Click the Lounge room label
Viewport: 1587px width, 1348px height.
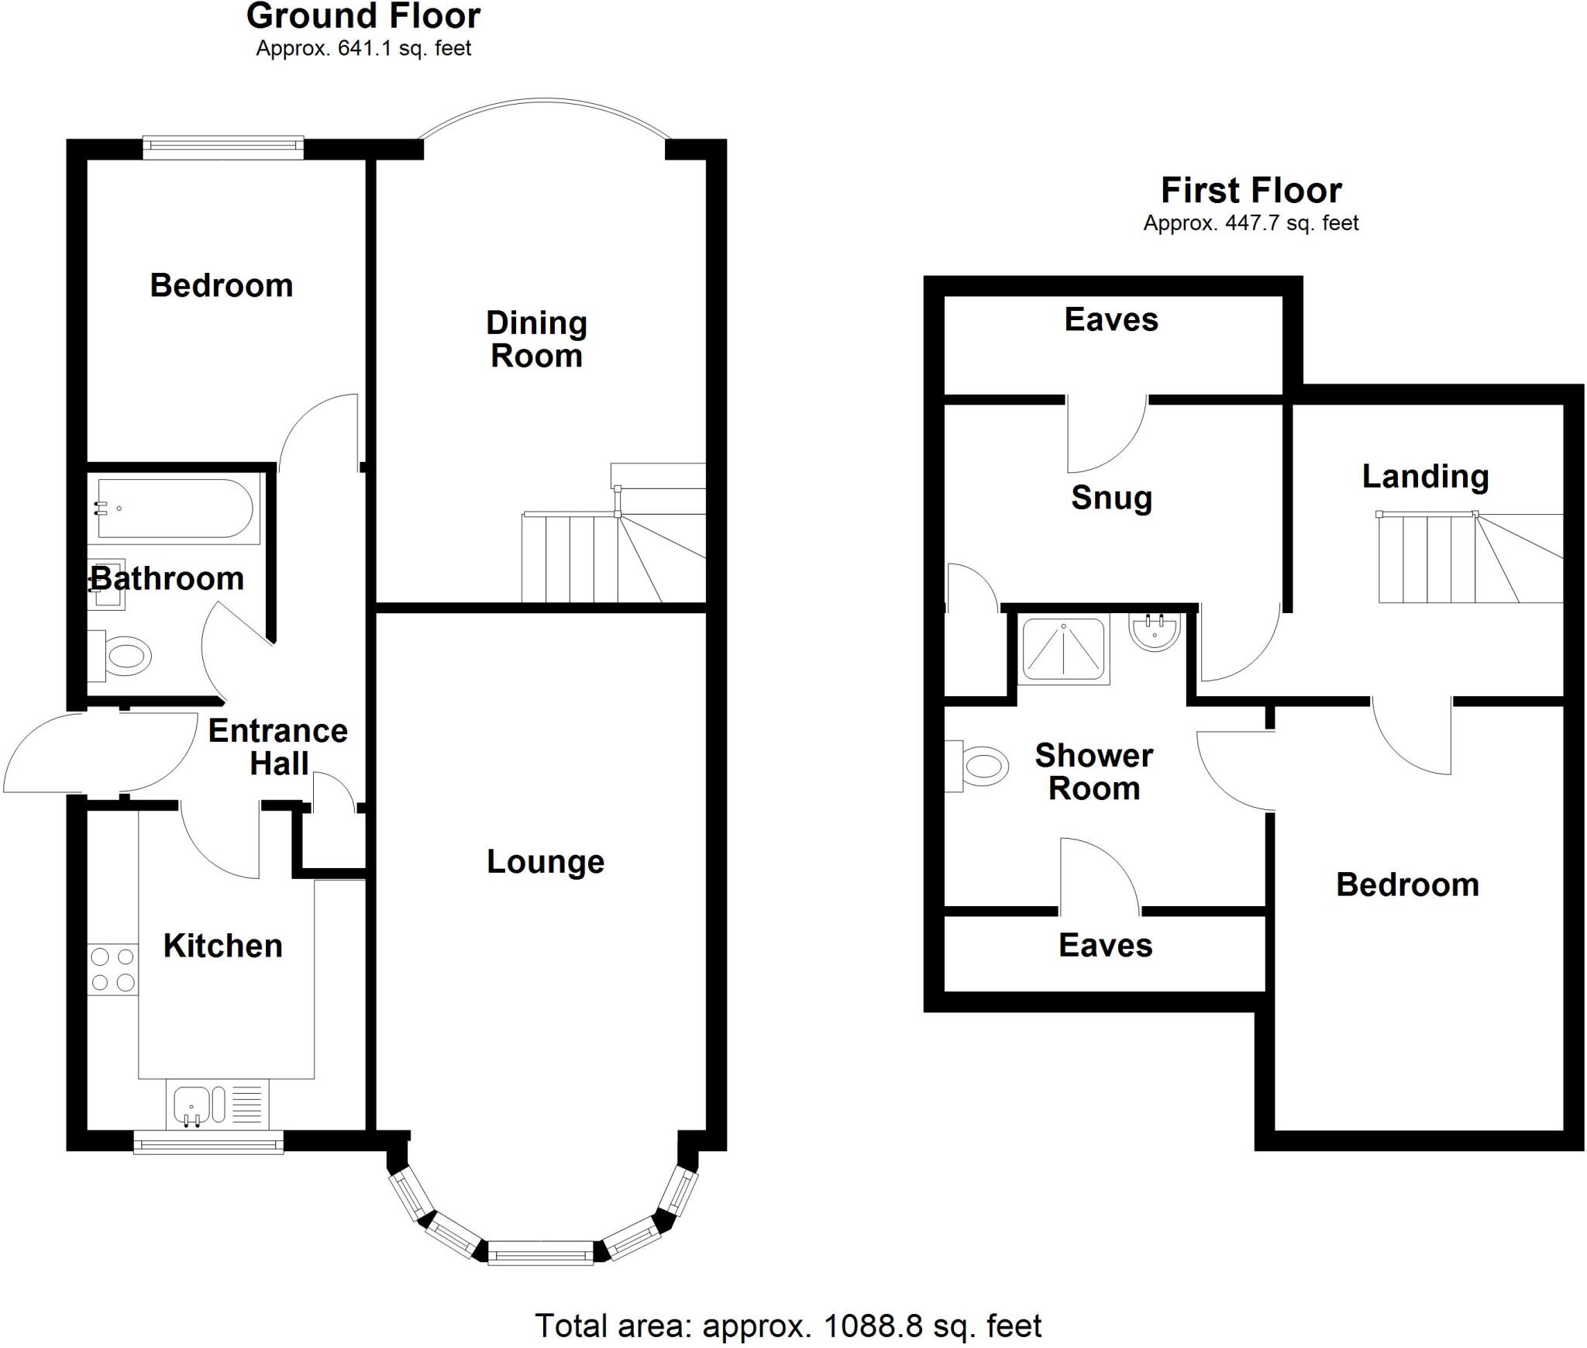click(x=545, y=862)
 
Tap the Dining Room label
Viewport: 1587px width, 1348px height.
click(x=536, y=340)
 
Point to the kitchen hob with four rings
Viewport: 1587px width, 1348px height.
click(x=113, y=970)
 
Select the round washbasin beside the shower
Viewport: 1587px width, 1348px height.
click(x=1155, y=630)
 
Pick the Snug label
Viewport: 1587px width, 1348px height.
click(x=1111, y=498)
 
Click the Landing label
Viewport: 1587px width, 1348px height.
click(x=1425, y=477)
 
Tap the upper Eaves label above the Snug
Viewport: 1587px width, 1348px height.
click(x=1110, y=319)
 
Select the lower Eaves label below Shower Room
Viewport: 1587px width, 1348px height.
click(x=1105, y=946)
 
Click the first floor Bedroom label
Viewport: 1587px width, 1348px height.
click(x=1407, y=884)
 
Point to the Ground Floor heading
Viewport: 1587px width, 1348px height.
click(x=363, y=16)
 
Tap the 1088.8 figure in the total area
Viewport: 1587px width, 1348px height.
click(x=873, y=1326)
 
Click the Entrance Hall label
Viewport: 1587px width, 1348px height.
click(x=278, y=746)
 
